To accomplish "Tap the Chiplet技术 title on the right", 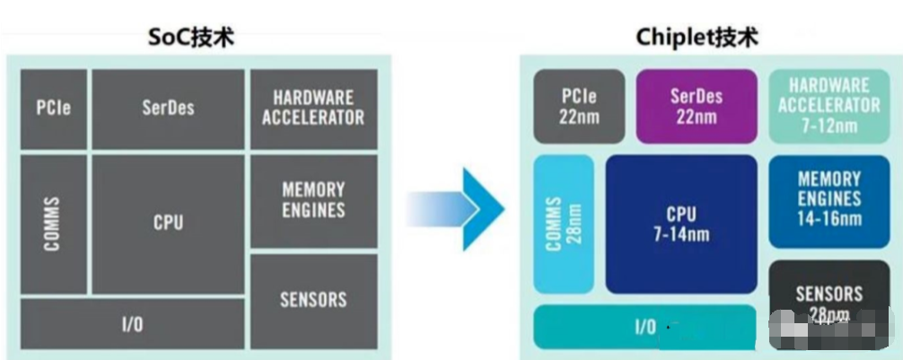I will coord(696,38).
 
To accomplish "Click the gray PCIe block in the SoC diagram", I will coord(53,109).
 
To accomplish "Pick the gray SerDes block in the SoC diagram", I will coord(168,109).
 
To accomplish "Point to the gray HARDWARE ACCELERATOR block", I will coord(312,108).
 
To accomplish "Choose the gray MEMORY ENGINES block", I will coord(312,199).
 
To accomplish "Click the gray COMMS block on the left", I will coord(53,224).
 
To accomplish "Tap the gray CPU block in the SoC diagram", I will coord(168,223).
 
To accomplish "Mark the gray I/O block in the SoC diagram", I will coord(131,324).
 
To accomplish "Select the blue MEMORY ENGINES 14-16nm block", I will coord(828,199).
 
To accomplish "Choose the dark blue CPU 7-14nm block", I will coord(680,224).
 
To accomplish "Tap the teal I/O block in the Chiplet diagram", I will coord(644,327).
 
